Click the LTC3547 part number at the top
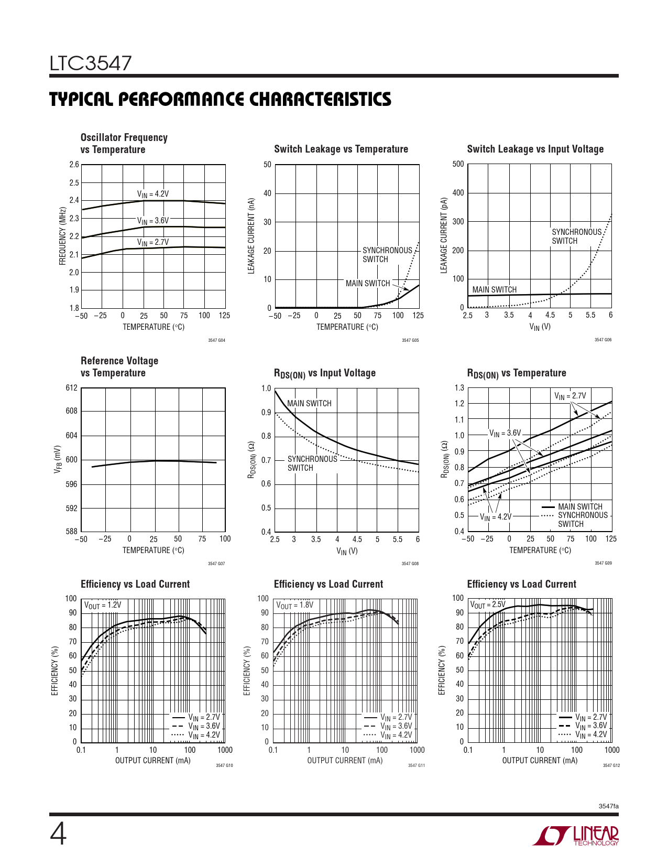[x=91, y=63]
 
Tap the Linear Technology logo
[x=576, y=836]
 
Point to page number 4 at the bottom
[x=58, y=835]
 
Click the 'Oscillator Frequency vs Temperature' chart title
[x=124, y=143]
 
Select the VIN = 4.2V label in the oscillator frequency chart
[x=153, y=194]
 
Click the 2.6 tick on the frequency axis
[x=74, y=165]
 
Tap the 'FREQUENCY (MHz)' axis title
[x=62, y=236]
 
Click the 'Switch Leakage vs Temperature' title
[x=341, y=149]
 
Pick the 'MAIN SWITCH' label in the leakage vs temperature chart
[x=368, y=283]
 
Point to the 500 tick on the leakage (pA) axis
[x=458, y=164]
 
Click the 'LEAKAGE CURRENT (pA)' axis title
[x=444, y=235]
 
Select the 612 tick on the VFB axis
[x=72, y=388]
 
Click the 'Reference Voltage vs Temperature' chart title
[x=119, y=366]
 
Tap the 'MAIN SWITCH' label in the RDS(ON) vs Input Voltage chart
[x=309, y=403]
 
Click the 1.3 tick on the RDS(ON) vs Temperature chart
[x=459, y=388]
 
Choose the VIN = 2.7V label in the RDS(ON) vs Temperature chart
[x=570, y=396]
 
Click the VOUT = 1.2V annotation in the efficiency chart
[x=103, y=605]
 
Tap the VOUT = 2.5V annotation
[x=488, y=605]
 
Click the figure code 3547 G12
[x=611, y=765]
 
